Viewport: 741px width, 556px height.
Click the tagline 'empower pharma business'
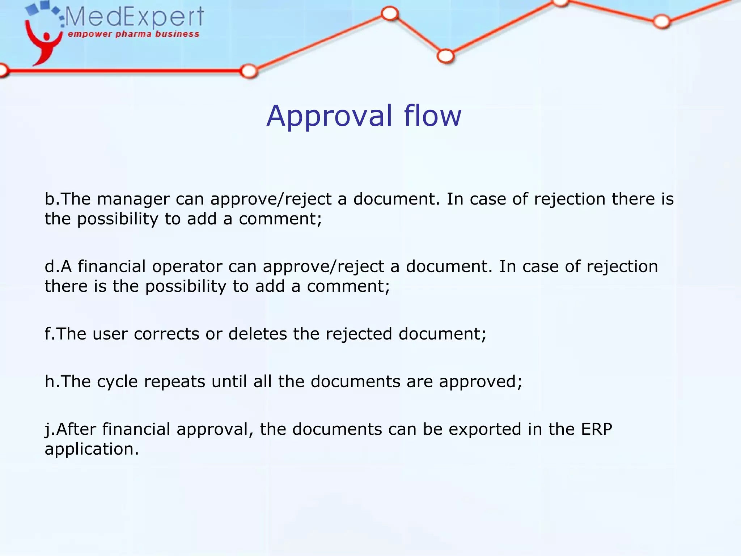click(x=134, y=34)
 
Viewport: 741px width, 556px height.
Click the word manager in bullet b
click(x=133, y=199)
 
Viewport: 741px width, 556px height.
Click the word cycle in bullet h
click(x=117, y=382)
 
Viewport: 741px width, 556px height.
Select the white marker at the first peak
click(x=390, y=14)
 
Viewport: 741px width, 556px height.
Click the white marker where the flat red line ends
click(x=249, y=71)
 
